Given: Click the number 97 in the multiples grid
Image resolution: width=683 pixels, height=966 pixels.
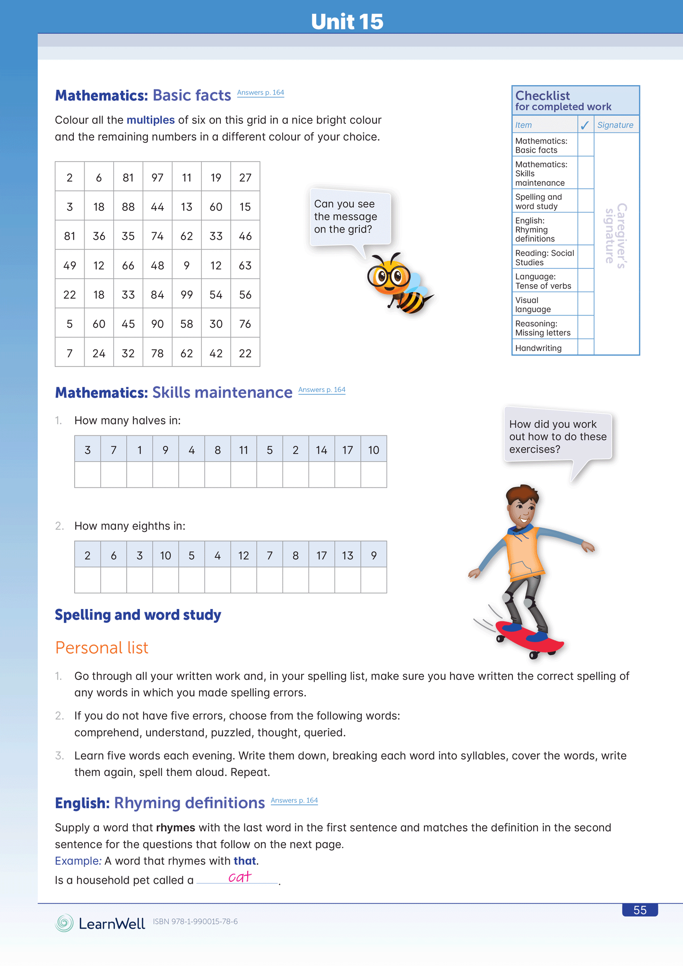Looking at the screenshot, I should tap(157, 178).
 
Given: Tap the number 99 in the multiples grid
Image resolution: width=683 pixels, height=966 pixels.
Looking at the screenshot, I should tap(187, 295).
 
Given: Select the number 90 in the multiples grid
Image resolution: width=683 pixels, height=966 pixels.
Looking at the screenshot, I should tap(157, 324).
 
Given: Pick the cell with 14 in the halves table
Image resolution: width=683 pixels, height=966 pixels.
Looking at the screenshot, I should tap(321, 450).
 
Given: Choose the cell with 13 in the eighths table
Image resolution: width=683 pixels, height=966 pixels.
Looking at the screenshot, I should tap(347, 556).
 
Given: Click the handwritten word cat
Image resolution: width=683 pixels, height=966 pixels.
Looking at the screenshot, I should tap(240, 878).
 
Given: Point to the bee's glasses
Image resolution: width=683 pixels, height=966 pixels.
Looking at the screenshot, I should tap(389, 276).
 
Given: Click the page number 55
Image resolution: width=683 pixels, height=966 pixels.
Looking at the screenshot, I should tap(640, 910).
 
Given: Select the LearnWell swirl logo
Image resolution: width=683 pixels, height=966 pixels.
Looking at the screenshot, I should tap(64, 923).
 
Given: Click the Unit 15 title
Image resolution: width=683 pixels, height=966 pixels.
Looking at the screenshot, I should tap(347, 22).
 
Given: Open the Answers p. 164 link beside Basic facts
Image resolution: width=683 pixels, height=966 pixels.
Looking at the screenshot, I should tap(260, 93).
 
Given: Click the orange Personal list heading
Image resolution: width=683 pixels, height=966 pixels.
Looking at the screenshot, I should tap(102, 648).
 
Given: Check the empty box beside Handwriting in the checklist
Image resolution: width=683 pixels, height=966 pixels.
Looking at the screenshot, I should tap(586, 348).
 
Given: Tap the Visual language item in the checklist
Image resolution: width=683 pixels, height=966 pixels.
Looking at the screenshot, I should tap(533, 305).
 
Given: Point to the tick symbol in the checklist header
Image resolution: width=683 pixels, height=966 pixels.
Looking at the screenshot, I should tap(585, 125).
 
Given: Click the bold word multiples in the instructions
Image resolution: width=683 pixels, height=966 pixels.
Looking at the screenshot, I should tap(150, 120).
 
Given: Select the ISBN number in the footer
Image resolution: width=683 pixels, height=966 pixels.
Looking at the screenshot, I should tap(195, 922).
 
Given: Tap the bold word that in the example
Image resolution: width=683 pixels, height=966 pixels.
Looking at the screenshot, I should tap(245, 861).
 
